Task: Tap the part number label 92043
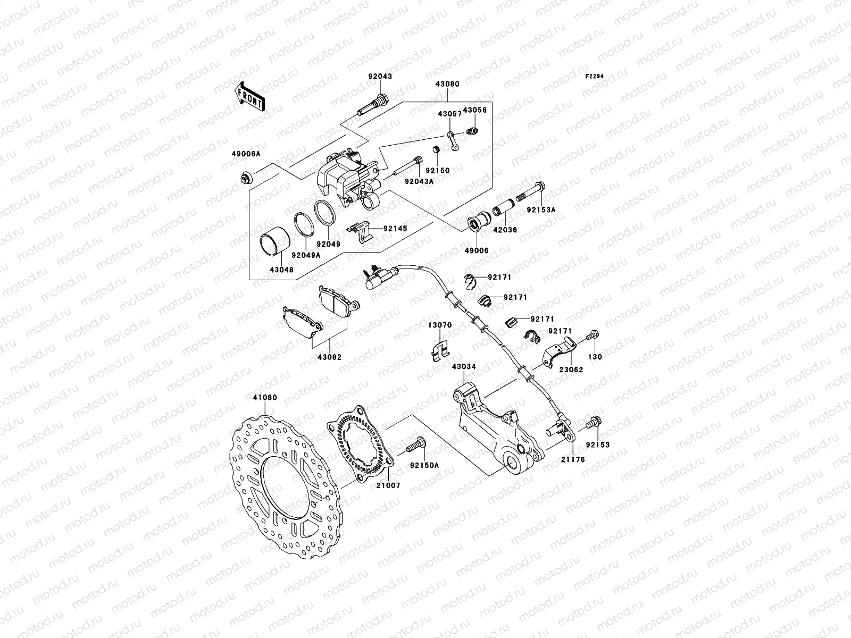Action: [x=380, y=77]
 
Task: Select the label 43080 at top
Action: [x=447, y=84]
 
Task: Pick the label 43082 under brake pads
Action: [x=330, y=357]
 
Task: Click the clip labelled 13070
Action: [x=439, y=350]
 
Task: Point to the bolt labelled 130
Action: [x=593, y=337]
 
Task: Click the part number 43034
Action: [x=464, y=366]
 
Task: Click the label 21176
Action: [x=573, y=459]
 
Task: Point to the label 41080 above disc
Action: [x=265, y=397]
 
